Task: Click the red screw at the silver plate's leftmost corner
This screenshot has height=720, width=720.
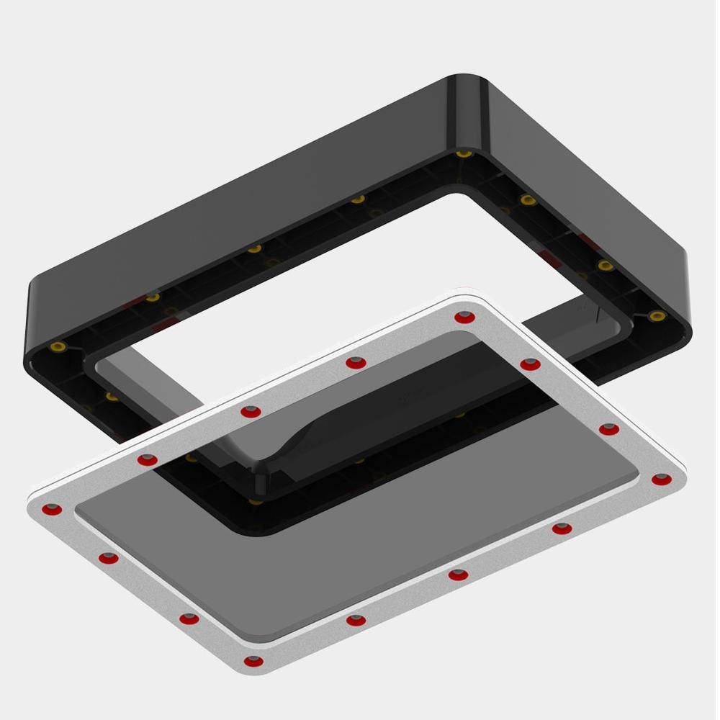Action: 51,510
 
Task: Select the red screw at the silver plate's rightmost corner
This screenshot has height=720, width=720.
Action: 661,480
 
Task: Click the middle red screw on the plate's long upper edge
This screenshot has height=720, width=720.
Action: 251,412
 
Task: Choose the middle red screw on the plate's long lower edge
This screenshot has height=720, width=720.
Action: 457,575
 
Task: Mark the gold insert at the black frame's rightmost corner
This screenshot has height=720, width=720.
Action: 656,316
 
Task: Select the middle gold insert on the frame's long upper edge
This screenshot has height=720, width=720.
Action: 254,249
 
